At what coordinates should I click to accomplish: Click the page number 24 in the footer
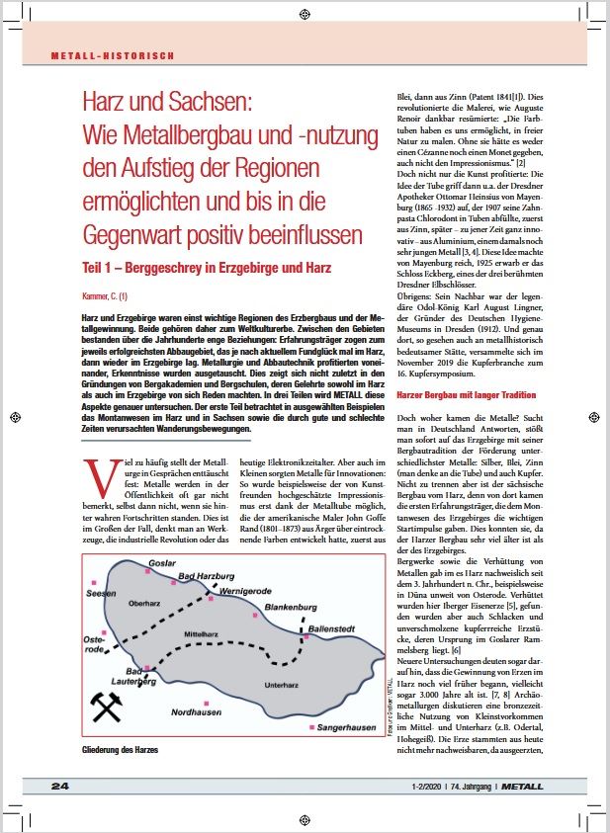(x=61, y=785)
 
